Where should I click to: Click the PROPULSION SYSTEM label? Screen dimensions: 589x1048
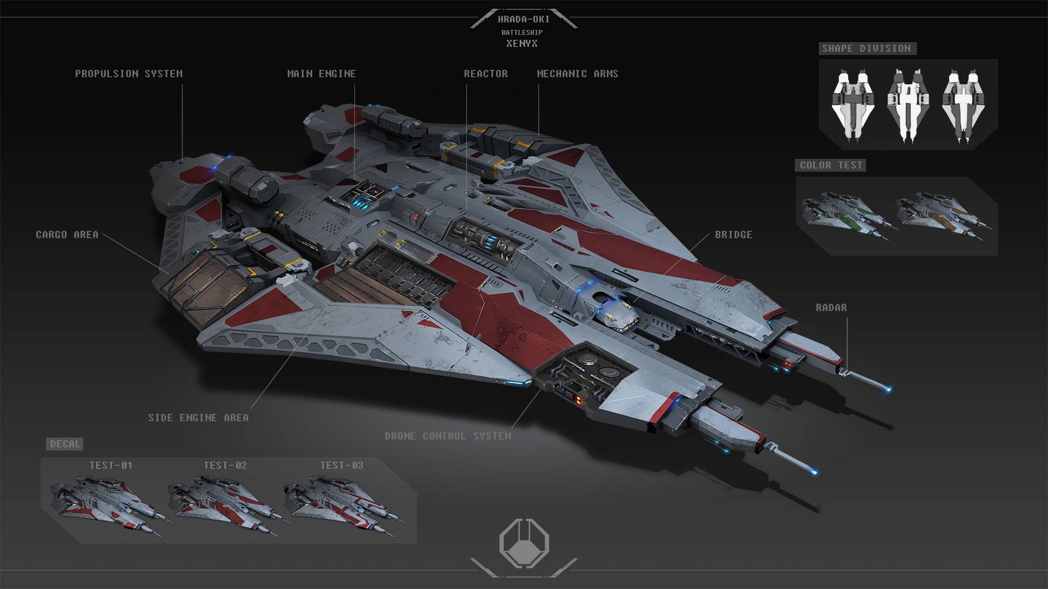(129, 74)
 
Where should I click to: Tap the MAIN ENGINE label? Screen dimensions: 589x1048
(321, 74)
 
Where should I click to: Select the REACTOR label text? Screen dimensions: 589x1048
(486, 74)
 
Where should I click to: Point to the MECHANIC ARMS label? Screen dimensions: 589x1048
(577, 74)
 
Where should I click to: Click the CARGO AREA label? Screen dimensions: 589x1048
(67, 235)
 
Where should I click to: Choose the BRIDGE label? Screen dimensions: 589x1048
(734, 235)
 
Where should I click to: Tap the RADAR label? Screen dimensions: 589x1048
(831, 308)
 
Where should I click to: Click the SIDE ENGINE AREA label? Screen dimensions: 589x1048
(198, 418)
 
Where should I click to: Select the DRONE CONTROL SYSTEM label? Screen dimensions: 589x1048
(448, 436)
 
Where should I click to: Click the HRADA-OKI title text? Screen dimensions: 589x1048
(523, 19)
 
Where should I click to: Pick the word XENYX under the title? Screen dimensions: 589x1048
(522, 44)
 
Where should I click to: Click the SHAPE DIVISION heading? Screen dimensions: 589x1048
(866, 49)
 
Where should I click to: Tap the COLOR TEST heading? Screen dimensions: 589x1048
(831, 165)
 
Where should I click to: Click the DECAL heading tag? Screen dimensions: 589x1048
(65, 444)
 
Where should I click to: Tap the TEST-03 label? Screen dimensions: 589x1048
(341, 465)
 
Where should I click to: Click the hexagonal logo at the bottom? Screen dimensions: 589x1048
(524, 543)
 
